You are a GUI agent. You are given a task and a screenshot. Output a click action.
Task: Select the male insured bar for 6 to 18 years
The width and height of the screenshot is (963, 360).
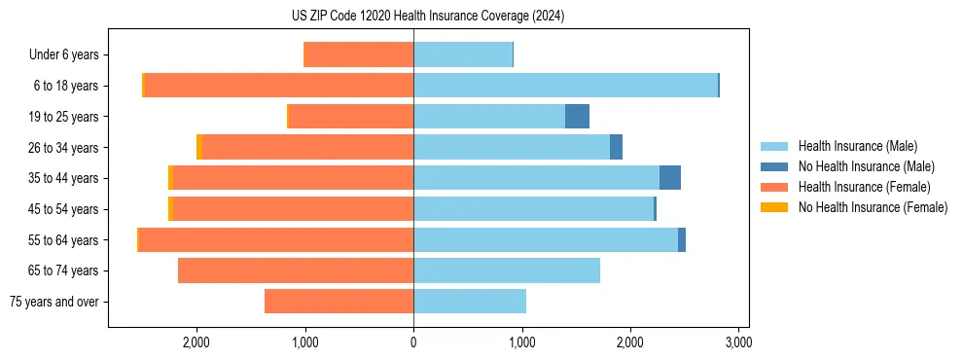pos(565,86)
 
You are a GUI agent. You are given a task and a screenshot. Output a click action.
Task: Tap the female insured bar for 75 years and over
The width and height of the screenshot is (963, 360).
pos(339,302)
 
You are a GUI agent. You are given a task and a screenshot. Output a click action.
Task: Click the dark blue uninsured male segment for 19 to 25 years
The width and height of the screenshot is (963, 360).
pos(577,117)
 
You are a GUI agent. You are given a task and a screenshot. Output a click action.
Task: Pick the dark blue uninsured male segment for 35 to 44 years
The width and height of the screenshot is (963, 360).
pos(669,178)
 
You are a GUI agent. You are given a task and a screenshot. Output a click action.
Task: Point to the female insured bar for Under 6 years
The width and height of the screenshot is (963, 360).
pos(359,54)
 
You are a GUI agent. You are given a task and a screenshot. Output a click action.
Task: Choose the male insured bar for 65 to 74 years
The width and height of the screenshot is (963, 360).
pos(507,270)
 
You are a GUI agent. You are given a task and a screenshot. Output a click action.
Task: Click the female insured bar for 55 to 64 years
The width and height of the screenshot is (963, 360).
pos(276,239)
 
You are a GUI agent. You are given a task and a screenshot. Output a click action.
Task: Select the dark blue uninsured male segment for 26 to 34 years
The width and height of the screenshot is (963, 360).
pos(616,147)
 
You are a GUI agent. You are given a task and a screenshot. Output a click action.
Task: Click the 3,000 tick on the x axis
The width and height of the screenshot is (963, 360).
pos(738,342)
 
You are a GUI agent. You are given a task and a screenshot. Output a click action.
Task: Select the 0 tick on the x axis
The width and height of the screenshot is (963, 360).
pos(413,342)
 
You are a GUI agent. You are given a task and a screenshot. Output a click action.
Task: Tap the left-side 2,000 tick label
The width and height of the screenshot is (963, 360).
pos(196,342)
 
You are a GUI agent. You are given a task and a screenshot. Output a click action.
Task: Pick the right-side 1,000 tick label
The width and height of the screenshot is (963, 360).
pos(522,342)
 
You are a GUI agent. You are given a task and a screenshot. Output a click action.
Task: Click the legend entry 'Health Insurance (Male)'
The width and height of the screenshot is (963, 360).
pos(857,146)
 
